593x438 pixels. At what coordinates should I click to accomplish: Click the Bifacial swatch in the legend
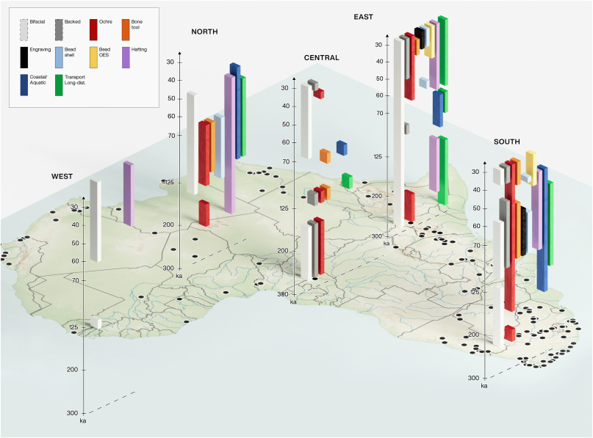(24, 29)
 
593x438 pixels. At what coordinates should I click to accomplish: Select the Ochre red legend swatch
(93, 29)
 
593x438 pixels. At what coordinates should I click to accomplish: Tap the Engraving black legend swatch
(24, 57)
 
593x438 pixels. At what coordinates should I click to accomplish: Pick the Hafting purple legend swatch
(127, 57)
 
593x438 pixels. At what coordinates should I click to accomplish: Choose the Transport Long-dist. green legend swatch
(59, 84)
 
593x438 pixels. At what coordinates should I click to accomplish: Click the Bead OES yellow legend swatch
(93, 57)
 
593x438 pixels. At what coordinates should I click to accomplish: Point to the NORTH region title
(204, 32)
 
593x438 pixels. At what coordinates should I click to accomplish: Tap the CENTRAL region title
(321, 58)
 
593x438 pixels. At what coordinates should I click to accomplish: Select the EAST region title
(363, 17)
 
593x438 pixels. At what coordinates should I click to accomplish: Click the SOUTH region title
(507, 141)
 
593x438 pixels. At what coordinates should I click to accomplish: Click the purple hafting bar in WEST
(128, 193)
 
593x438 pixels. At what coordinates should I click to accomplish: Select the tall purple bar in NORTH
(229, 143)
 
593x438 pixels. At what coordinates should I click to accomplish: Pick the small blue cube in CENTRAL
(341, 147)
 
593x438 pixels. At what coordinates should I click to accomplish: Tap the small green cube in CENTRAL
(346, 180)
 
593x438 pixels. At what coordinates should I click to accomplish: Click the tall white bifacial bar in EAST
(398, 132)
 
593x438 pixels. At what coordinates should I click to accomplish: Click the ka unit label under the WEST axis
(83, 421)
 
